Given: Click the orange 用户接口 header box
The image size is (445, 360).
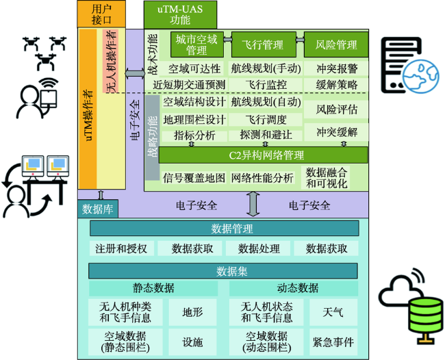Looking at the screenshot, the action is [x=101, y=14].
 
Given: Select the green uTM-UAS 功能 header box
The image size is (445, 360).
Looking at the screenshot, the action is [x=180, y=14].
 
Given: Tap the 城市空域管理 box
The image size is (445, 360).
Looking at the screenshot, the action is [x=196, y=44].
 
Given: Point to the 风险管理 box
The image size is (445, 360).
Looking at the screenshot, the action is [x=336, y=44].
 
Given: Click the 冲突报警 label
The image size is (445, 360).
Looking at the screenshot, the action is [x=337, y=68].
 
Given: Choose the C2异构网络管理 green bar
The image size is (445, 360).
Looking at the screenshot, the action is [x=263, y=155].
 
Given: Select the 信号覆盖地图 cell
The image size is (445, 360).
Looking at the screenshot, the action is [x=194, y=178].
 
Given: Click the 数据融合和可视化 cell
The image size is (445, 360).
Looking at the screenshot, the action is [x=327, y=178].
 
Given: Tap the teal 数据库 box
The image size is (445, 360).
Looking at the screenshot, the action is [x=98, y=209].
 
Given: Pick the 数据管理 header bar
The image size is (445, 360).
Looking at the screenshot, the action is [x=224, y=229].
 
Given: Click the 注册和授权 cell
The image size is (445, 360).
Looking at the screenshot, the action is [x=121, y=248].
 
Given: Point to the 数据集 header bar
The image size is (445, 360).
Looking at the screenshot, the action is [x=223, y=271].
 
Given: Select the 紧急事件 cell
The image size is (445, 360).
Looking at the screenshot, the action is [x=333, y=342].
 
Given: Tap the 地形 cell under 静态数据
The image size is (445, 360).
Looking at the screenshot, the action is [x=192, y=312].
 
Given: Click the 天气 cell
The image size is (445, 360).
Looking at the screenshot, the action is [x=333, y=312].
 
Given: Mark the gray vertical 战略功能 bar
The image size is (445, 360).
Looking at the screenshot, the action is [x=153, y=138].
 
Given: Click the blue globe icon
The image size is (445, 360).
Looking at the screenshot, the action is [x=421, y=77].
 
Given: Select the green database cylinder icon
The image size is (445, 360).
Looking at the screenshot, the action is [x=425, y=315].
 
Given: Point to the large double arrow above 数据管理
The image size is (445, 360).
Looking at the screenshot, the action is [x=253, y=204].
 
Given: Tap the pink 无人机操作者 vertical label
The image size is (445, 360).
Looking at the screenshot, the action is [x=110, y=62].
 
